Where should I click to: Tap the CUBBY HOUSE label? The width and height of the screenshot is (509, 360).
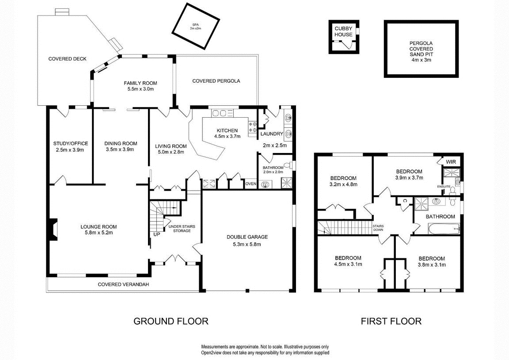[x=343, y=31]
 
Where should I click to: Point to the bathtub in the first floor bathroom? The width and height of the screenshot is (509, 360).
[x=444, y=229]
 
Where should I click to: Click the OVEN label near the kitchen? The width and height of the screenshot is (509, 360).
[x=251, y=184]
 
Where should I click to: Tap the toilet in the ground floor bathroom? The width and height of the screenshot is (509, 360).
[x=288, y=166]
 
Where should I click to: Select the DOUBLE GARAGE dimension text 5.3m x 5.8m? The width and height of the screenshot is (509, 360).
[x=247, y=244]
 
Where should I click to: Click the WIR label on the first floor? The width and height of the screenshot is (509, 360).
[x=451, y=162]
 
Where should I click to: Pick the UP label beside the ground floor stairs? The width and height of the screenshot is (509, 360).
[x=156, y=234]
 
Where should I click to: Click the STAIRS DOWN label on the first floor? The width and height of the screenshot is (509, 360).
[x=378, y=228]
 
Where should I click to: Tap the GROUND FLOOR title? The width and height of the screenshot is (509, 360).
[x=171, y=321]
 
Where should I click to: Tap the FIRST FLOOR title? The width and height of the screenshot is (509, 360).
[x=391, y=321]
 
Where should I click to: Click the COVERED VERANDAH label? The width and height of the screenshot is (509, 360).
[x=123, y=284]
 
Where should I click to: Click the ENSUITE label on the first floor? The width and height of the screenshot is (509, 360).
[x=444, y=187]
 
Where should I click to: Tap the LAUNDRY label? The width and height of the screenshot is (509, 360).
[x=272, y=134]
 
